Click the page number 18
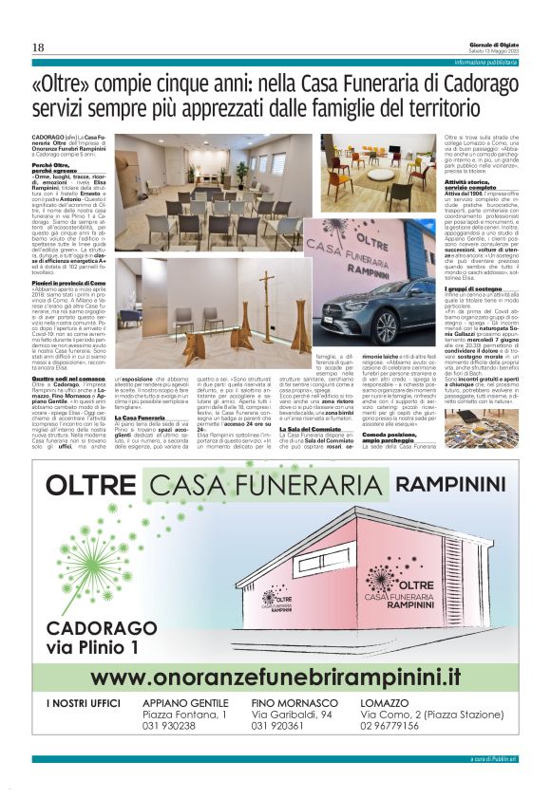(39, 48)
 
